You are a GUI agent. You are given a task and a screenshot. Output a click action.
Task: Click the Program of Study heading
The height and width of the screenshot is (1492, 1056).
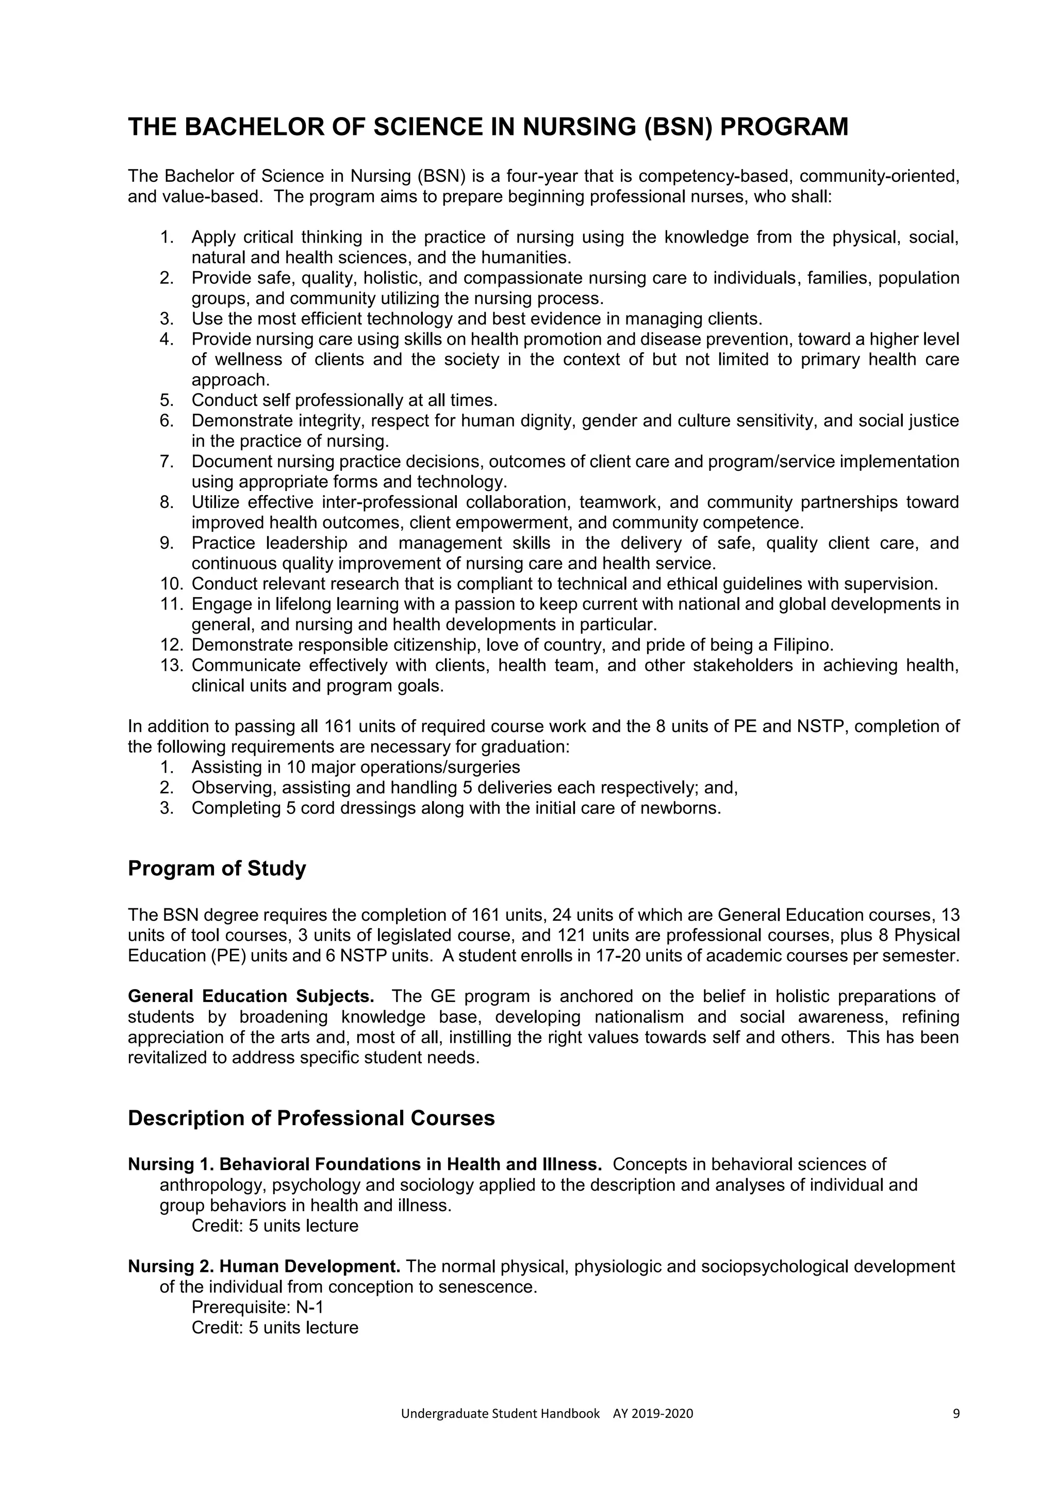point(217,868)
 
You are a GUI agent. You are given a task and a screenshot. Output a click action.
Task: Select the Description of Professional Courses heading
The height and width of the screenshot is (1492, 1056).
point(311,1117)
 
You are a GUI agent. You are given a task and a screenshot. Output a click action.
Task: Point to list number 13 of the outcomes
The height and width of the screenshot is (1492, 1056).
point(172,666)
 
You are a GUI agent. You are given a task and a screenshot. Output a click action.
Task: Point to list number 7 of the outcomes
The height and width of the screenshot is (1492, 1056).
point(167,462)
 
